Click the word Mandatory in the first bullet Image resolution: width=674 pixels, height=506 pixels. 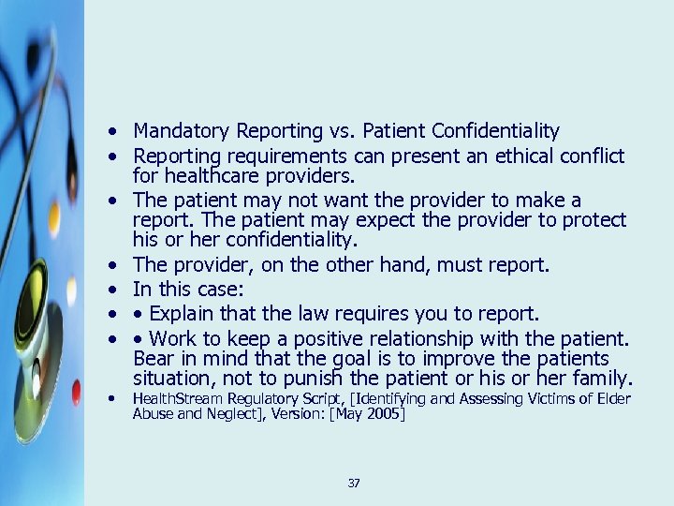click(x=178, y=131)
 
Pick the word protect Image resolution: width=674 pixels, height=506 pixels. click(x=593, y=219)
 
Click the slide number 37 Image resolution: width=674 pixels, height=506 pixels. click(x=353, y=484)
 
